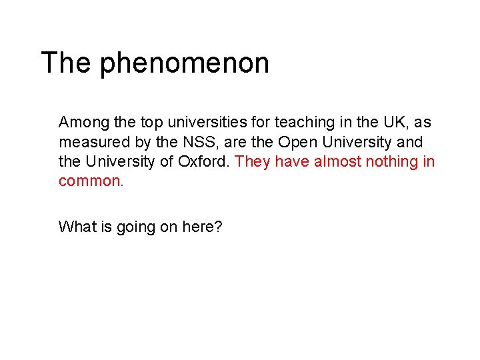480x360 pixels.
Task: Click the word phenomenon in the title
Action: pos(185,64)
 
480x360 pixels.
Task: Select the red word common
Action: pos(91,181)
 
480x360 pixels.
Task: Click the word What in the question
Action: pos(75,227)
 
